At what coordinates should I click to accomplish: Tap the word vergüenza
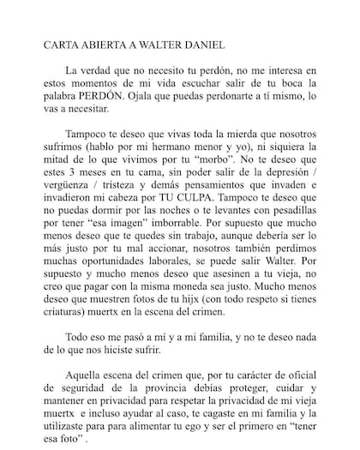point(65,198)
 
